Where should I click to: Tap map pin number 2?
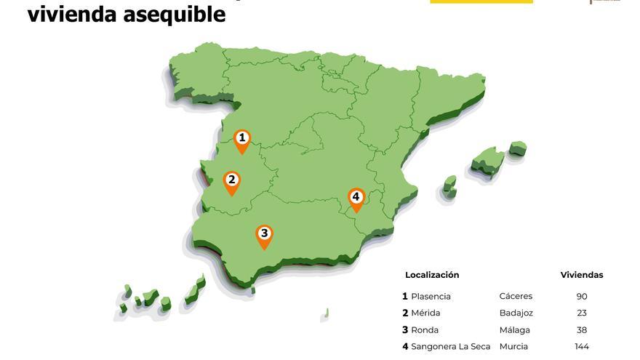tap(231, 181)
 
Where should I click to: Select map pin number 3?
tap(264, 235)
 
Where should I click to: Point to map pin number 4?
tap(356, 198)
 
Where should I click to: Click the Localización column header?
tap(432, 275)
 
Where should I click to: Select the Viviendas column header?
tap(581, 275)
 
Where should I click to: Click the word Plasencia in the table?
tap(431, 297)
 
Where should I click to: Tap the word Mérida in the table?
tap(425, 313)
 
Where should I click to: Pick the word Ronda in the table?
tap(425, 330)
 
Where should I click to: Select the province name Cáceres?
tap(516, 297)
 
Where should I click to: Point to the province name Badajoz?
tap(516, 313)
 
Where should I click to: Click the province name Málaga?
tap(514, 330)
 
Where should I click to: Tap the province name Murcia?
tap(513, 347)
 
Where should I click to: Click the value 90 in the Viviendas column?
tap(581, 297)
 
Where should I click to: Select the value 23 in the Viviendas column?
tap(581, 313)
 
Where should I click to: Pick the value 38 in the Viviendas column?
tap(581, 330)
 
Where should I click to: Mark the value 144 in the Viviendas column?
tap(581, 347)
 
